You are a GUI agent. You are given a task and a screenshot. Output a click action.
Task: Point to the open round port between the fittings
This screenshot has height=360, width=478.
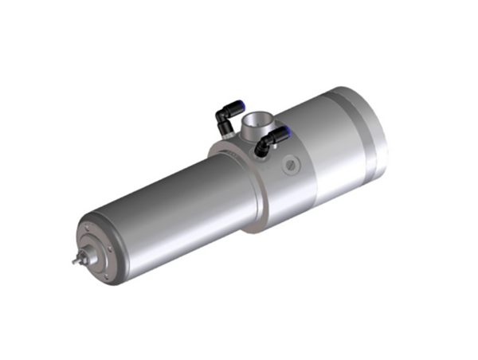[257, 122]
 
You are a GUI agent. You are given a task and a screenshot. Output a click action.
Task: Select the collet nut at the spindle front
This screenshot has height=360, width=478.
[82, 256]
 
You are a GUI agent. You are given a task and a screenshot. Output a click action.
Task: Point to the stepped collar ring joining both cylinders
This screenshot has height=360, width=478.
[239, 179]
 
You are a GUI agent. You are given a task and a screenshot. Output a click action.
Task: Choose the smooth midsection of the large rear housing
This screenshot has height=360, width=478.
[319, 151]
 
